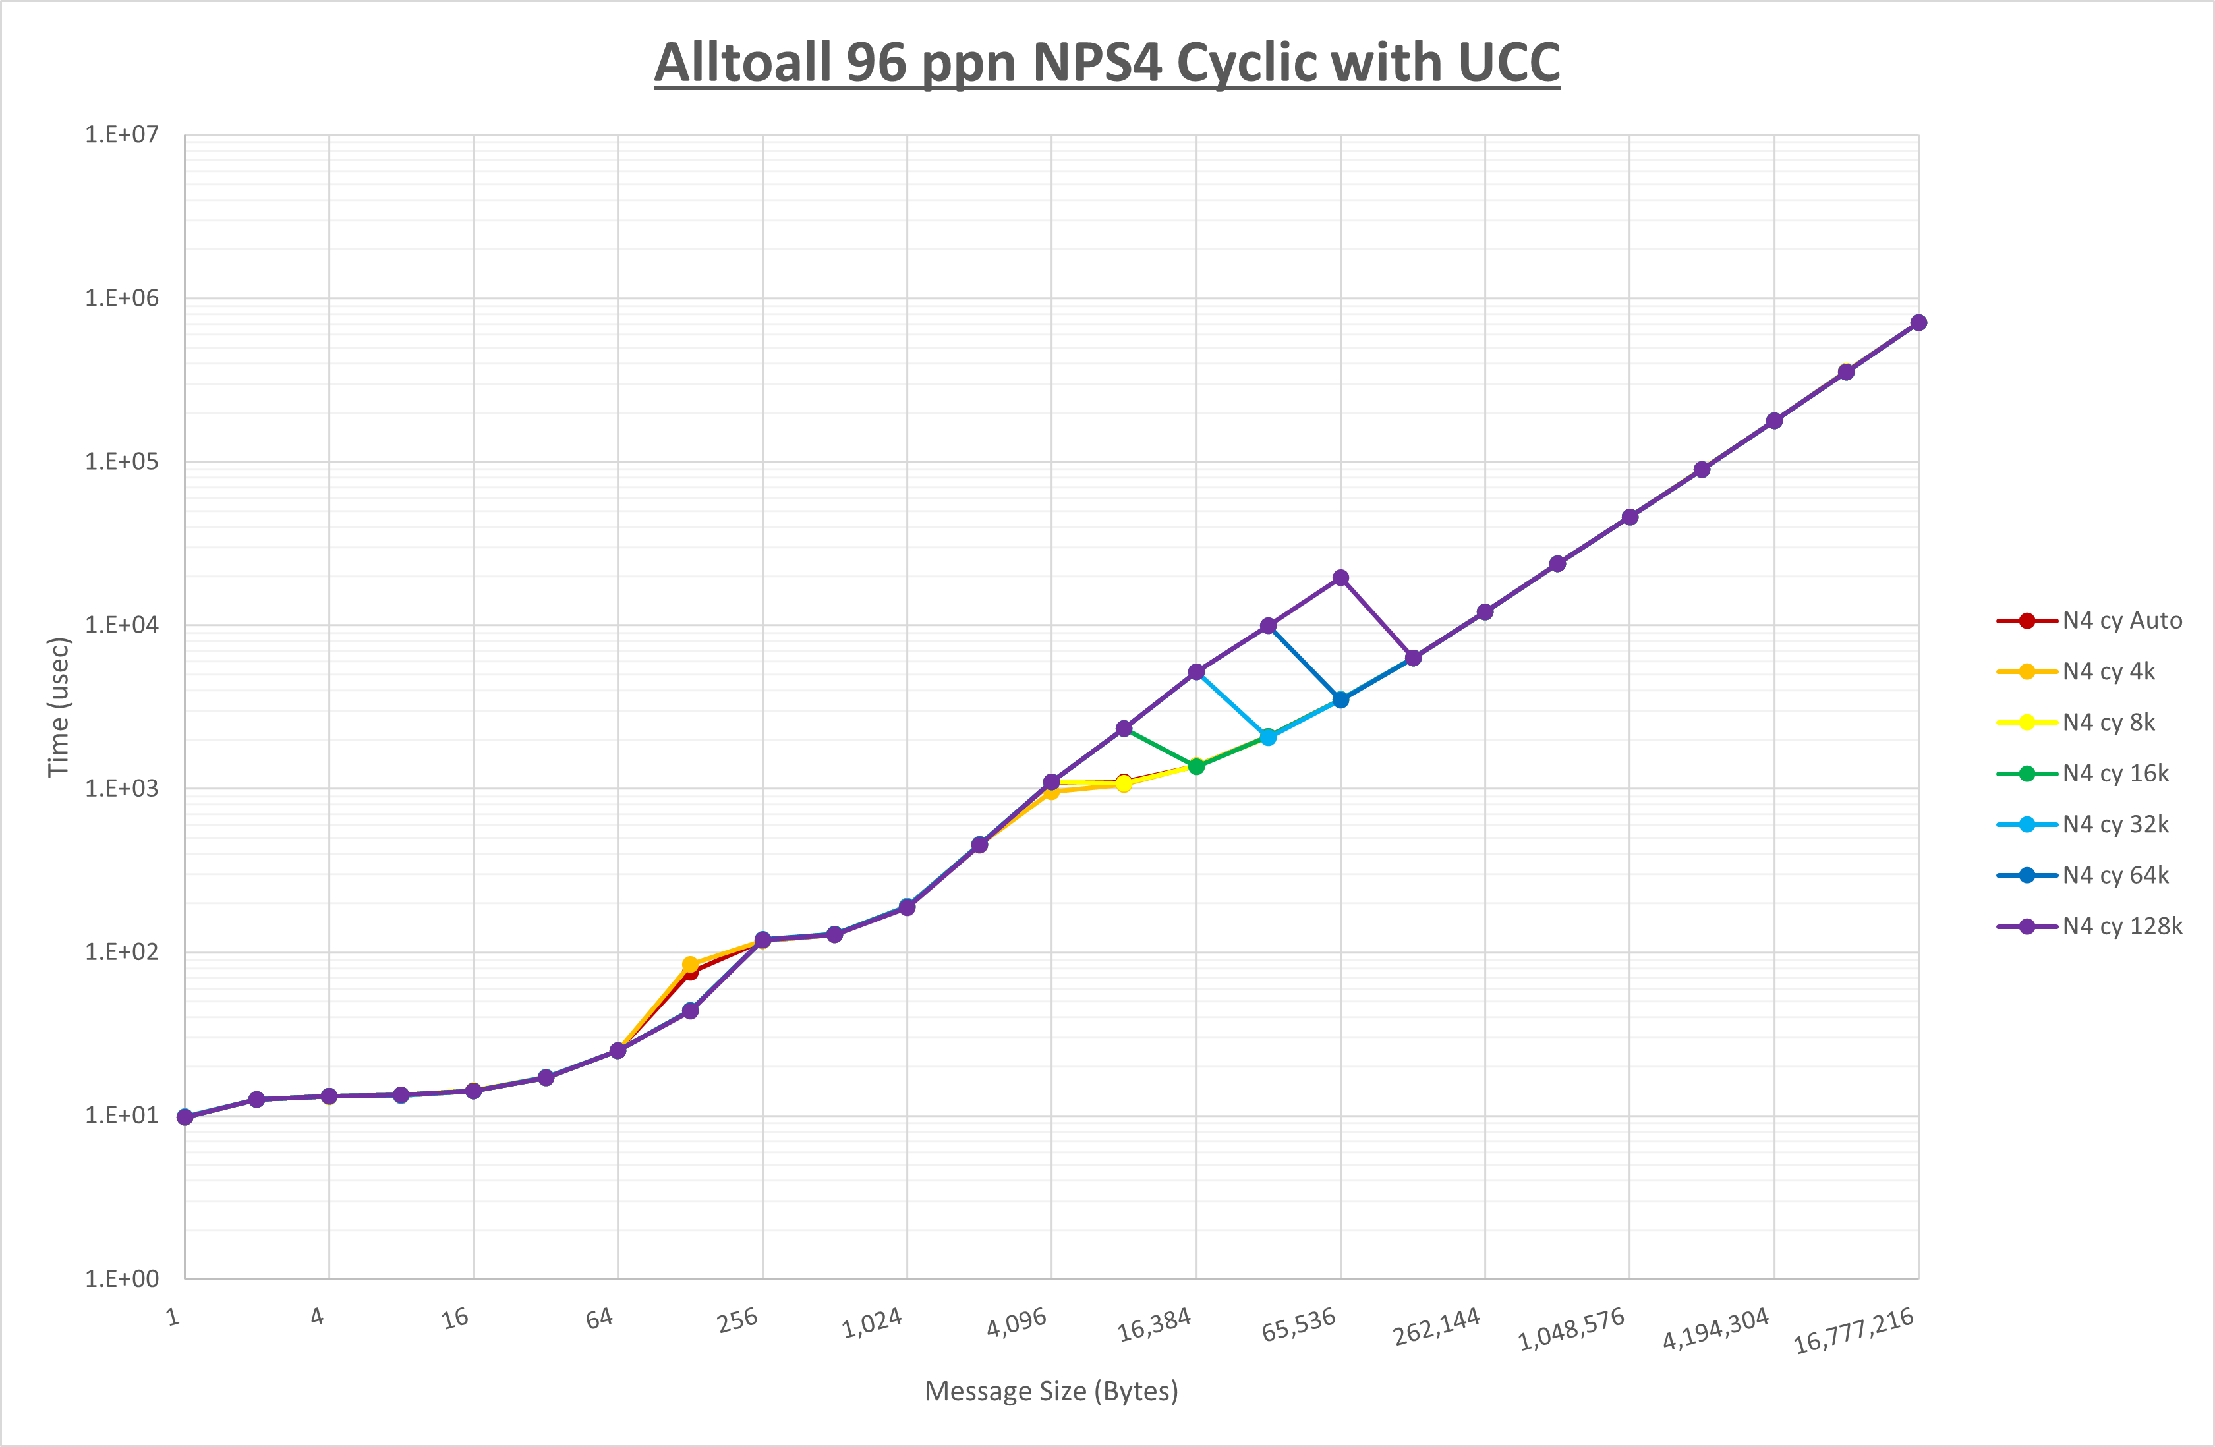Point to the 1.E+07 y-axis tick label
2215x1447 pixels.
coord(122,135)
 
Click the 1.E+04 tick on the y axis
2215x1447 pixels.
coord(122,625)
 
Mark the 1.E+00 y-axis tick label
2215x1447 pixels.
coord(122,1278)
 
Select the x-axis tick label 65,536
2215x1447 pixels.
coord(1298,1323)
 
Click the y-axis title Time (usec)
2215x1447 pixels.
coord(58,706)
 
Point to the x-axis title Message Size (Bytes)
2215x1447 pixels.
coord(1050,1391)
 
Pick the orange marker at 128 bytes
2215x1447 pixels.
coord(689,965)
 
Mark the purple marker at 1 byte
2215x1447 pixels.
coord(185,1117)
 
